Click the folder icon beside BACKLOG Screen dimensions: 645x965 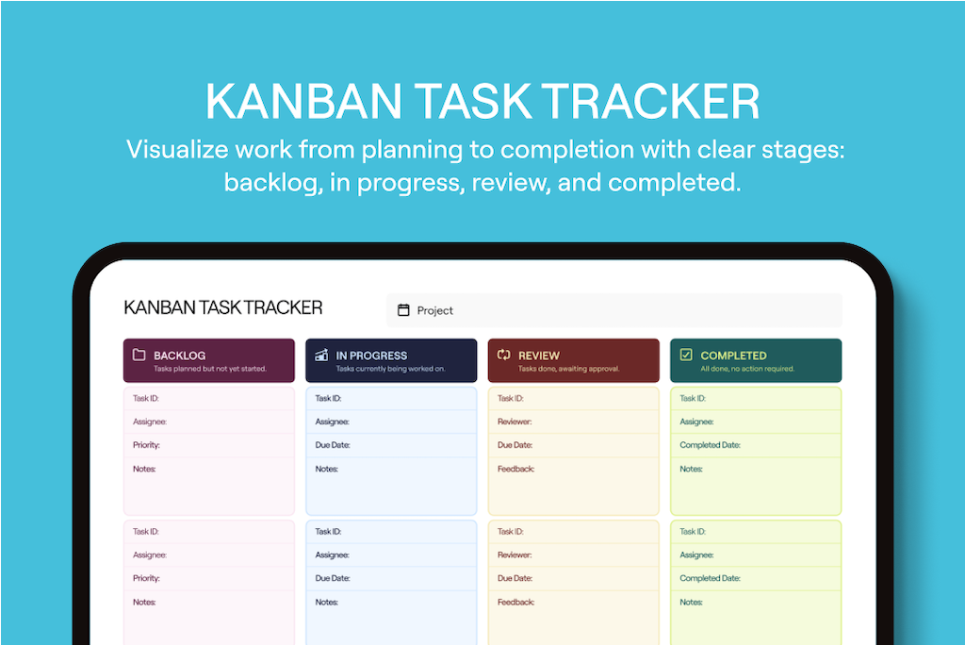(139, 356)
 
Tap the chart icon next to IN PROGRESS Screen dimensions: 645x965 (321, 356)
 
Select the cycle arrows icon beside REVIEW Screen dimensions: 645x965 (503, 356)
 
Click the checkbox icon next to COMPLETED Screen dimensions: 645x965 (686, 356)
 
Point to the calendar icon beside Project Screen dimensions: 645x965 (403, 310)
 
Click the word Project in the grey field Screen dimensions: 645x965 (435, 310)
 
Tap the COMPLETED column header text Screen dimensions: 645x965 (733, 356)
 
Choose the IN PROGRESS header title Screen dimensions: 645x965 (371, 356)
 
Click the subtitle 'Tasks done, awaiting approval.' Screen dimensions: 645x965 (568, 369)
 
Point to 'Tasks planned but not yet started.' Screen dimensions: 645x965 (210, 369)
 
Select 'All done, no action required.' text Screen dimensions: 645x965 (747, 369)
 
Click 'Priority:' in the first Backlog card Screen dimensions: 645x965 (146, 445)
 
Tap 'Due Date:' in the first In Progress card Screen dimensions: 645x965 (332, 445)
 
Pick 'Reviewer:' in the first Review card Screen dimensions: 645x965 (515, 422)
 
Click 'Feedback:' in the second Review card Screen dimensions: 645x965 (515, 602)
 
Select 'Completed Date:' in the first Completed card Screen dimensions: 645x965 (710, 445)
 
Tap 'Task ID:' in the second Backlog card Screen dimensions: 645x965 (146, 532)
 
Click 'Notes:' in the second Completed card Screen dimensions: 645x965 (691, 602)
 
